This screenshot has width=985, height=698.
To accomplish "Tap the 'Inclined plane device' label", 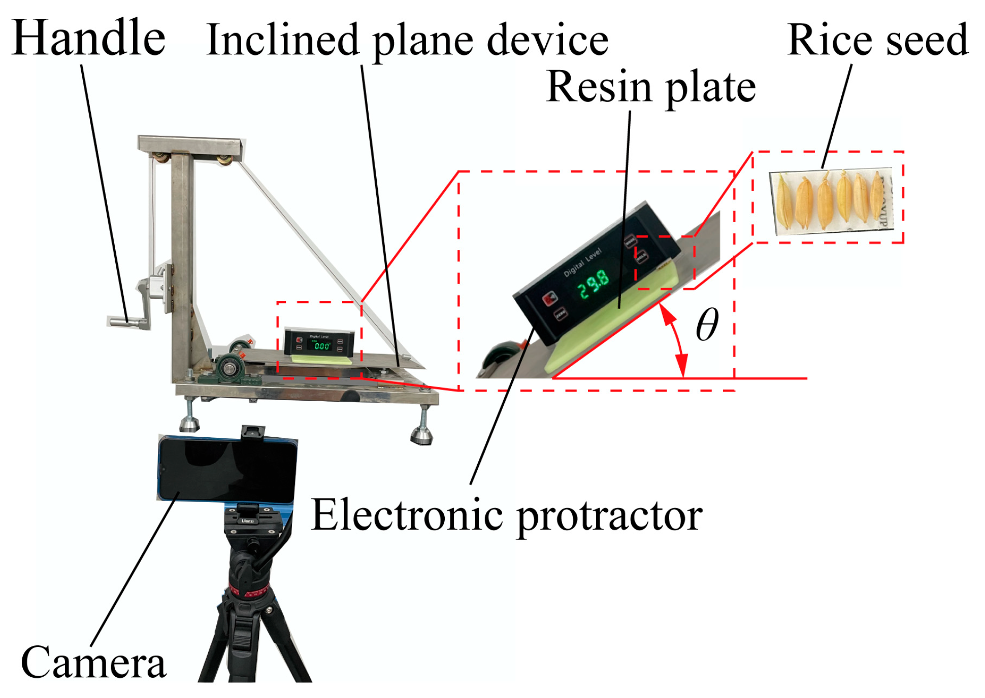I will [407, 41].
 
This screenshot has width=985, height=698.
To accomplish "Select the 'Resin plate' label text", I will [651, 87].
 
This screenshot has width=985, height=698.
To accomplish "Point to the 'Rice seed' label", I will [877, 41].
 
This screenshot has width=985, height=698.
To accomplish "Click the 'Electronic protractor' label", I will [506, 515].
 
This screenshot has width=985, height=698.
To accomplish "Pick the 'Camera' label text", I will [93, 662].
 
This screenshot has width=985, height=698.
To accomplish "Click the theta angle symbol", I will [707, 325].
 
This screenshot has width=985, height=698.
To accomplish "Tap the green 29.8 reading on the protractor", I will [593, 284].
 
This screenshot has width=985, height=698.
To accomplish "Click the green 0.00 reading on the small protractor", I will [322, 346].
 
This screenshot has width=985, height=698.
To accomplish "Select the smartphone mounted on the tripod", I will [227, 469].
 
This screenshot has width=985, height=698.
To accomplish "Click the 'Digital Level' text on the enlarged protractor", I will [582, 262].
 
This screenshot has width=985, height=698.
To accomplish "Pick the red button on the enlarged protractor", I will [549, 298].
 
